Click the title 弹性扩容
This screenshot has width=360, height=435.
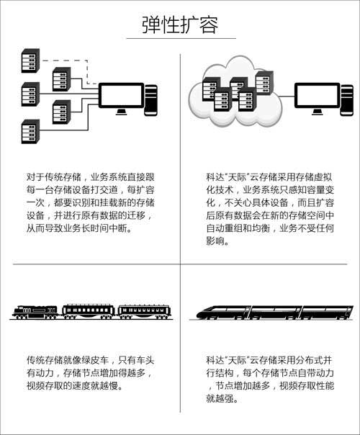tap(180, 25)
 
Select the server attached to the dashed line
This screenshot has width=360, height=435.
tap(30, 60)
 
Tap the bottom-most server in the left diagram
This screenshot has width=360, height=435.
tap(30, 132)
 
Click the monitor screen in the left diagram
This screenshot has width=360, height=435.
tap(122, 96)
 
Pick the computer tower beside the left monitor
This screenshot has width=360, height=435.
tap(151, 100)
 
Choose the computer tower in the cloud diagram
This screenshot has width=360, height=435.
tap(347, 100)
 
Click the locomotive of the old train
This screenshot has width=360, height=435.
tap(35, 312)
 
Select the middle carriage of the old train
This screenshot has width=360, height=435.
tap(89, 312)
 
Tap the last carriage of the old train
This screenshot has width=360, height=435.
tap(144, 312)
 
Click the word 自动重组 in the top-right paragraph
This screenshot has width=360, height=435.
tap(224, 228)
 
